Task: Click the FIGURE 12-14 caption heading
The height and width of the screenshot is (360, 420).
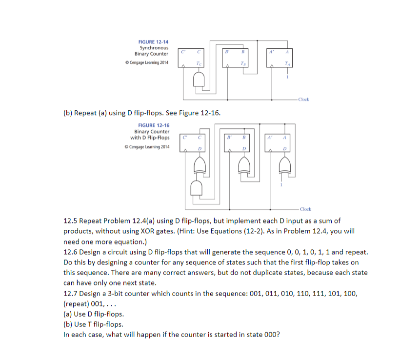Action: (154, 42)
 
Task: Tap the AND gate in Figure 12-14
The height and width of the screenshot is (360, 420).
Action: (199, 80)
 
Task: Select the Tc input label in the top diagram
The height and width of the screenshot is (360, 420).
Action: (197, 63)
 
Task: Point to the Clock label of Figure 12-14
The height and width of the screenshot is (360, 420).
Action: (303, 99)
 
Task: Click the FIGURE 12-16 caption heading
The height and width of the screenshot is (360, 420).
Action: (154, 125)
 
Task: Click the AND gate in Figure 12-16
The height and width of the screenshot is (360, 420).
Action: (197, 187)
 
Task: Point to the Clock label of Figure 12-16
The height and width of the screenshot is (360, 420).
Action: (305, 209)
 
